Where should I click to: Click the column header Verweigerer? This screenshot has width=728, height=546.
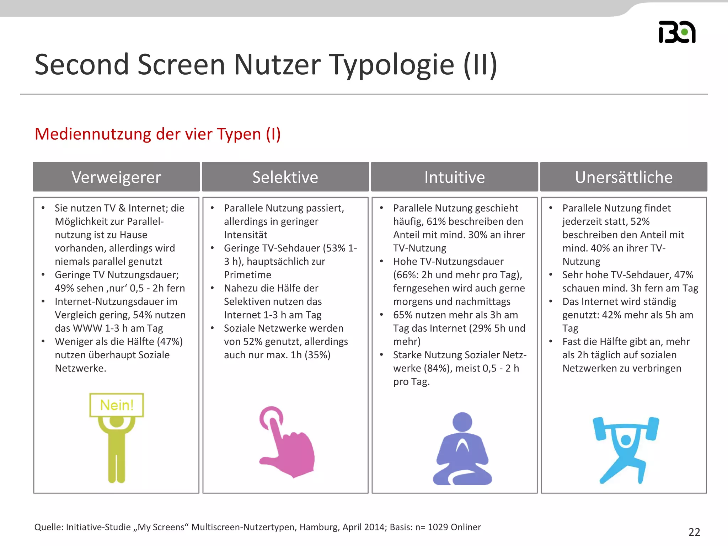coord(116,177)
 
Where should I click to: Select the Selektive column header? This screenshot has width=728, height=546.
coord(285,177)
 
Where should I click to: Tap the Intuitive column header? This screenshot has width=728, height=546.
coord(454,177)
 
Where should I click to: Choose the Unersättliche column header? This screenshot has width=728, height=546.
coord(623,177)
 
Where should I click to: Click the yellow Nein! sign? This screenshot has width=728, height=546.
coord(117,405)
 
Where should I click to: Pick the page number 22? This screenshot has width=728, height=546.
coord(694,532)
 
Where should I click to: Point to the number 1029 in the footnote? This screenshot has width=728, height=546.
coord(438,527)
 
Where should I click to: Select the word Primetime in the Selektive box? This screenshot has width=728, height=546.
coord(247,275)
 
